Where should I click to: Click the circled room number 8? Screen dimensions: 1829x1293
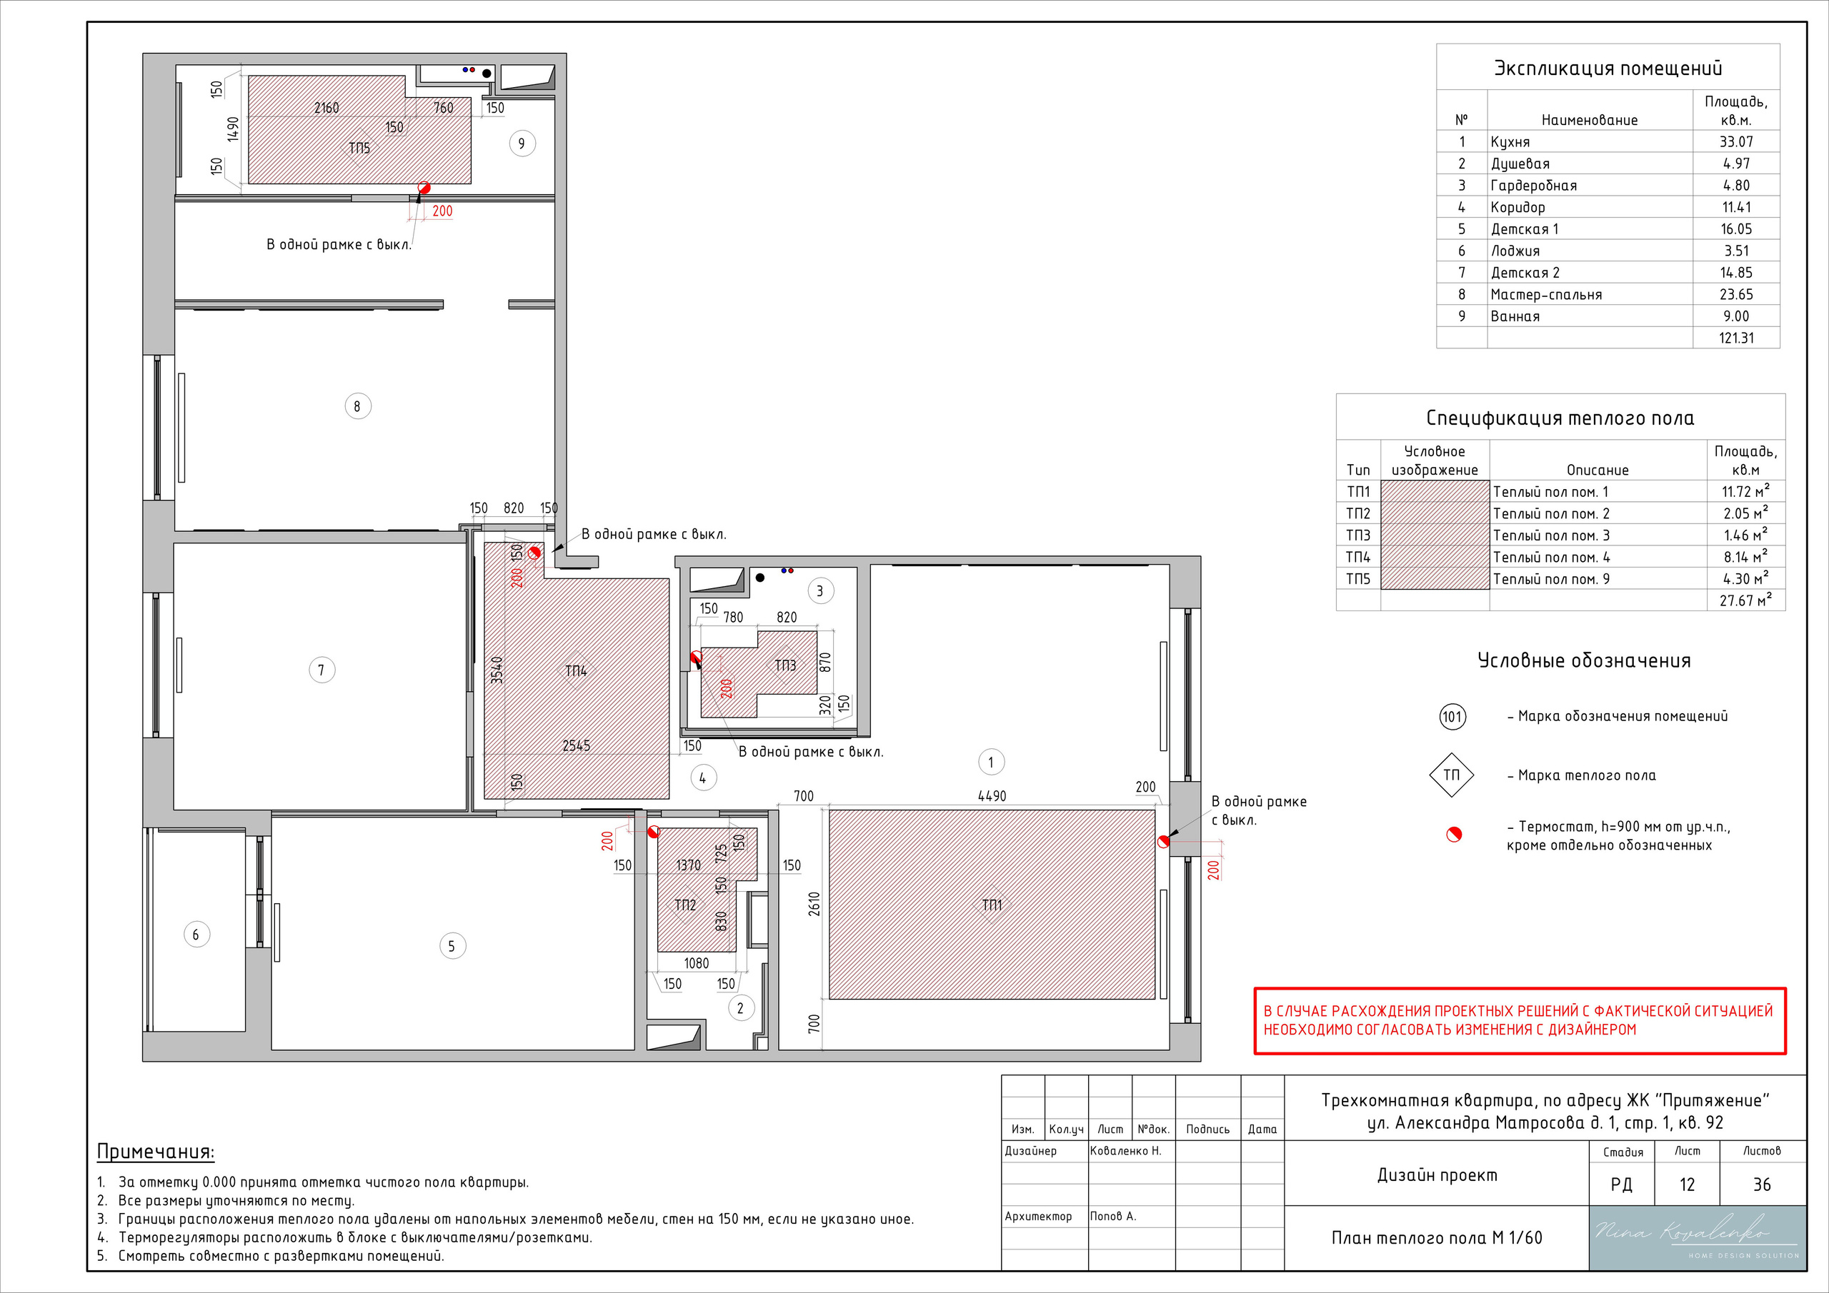click(x=358, y=406)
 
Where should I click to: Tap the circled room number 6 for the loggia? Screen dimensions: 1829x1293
click(x=196, y=934)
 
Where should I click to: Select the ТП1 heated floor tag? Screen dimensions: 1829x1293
click(x=992, y=905)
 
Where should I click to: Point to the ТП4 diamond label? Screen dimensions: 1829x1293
click(x=576, y=670)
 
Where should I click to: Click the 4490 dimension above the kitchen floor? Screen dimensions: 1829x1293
click(x=992, y=795)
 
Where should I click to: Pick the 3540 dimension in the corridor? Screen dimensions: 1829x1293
click(x=497, y=670)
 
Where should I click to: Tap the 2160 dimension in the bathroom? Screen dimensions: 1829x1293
click(x=327, y=108)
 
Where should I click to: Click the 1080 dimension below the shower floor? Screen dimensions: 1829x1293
click(x=696, y=962)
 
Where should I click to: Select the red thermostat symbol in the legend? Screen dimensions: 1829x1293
click(x=1454, y=835)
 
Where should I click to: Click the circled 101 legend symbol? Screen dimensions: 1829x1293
click(x=1452, y=716)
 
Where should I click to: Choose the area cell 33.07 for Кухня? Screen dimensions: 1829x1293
click(x=1737, y=141)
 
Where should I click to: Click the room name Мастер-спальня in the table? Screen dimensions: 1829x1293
click(x=1546, y=295)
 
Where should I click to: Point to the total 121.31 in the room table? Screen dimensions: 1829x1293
click(x=1737, y=338)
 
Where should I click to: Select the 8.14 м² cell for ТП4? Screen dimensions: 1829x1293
click(x=1745, y=556)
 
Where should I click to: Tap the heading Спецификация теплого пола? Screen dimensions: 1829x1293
click(x=1560, y=418)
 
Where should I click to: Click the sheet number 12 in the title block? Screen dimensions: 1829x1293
click(x=1688, y=1184)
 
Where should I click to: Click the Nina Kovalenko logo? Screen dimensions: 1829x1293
click(x=1698, y=1238)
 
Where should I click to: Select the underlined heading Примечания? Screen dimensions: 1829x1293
click(x=155, y=1152)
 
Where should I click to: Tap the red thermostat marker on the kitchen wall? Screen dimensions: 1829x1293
click(x=1163, y=841)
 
